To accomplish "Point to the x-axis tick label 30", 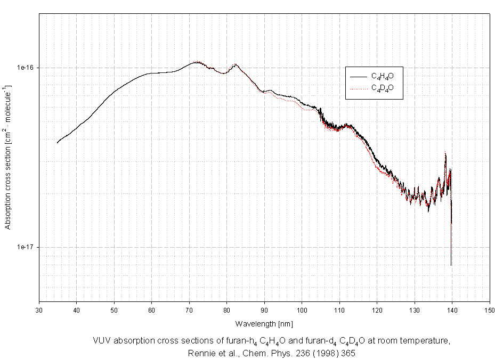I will [x=39, y=309].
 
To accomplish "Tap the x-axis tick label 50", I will [x=114, y=309].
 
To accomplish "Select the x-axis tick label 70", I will [x=189, y=309].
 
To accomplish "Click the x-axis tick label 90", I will [x=264, y=309].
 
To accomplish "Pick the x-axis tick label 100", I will [x=302, y=309].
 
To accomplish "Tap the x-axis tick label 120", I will [x=377, y=309].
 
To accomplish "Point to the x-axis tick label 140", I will [x=452, y=309].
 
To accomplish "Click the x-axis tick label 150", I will [x=489, y=309].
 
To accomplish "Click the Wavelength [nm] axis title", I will [x=264, y=324].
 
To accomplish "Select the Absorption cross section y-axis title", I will [x=8, y=157].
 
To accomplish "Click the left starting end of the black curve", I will [x=58, y=143].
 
